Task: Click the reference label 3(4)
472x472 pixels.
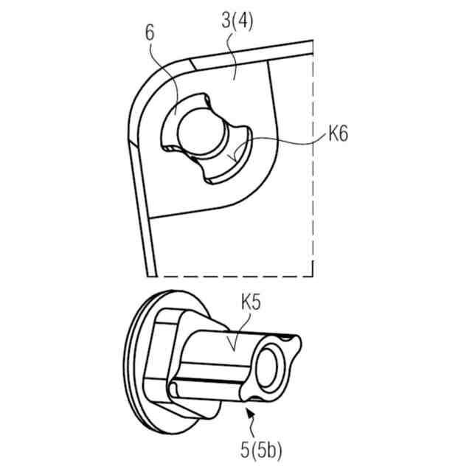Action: click(x=237, y=21)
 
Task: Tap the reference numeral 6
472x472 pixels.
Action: click(x=150, y=32)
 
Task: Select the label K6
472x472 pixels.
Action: click(x=338, y=133)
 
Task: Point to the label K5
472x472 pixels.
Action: click(x=251, y=302)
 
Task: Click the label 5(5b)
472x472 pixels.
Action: click(x=261, y=451)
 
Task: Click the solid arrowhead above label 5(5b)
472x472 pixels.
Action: click(x=250, y=412)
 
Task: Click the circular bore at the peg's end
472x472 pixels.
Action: click(x=267, y=368)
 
